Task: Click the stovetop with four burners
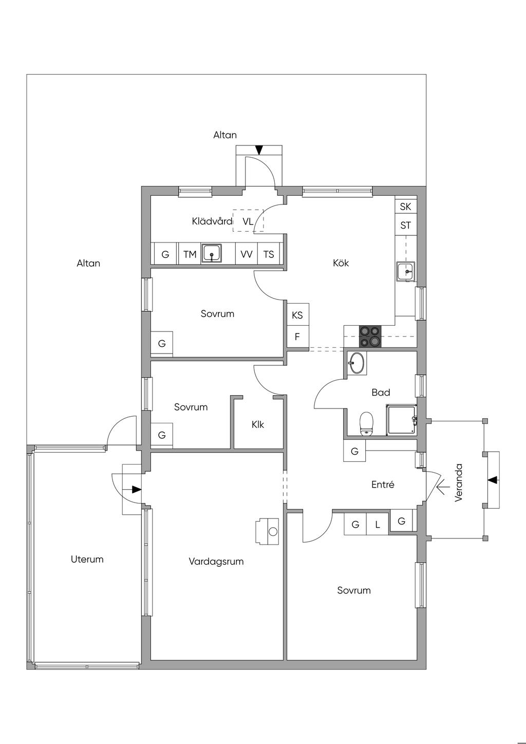[370, 337]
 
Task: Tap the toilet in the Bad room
[366, 423]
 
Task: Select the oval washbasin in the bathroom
[356, 363]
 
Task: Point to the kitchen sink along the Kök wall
[405, 271]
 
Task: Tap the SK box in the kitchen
[405, 207]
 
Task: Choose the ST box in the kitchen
[405, 226]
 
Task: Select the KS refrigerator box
[297, 315]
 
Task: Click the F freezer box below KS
[297, 337]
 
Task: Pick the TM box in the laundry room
[190, 254]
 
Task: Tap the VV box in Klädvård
[247, 254]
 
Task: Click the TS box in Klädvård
[269, 254]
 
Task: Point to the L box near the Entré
[377, 525]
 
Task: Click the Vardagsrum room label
[216, 562]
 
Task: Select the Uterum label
[87, 560]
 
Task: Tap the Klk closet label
[258, 424]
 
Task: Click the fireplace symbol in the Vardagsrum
[267, 531]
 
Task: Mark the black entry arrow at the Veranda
[493, 479]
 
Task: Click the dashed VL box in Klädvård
[248, 220]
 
